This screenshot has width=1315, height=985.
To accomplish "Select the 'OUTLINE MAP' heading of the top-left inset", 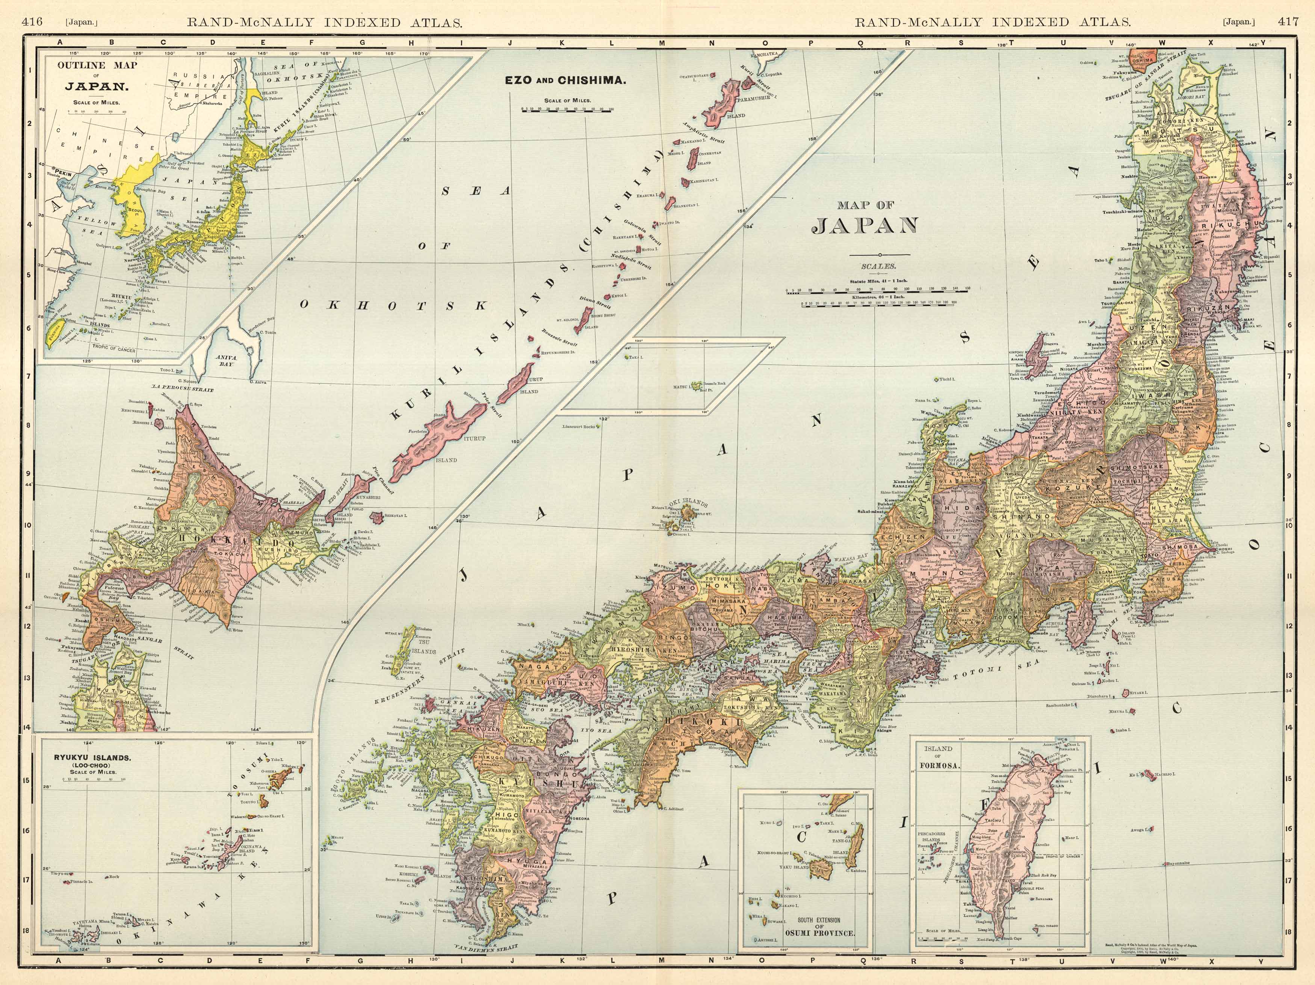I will point(97,65).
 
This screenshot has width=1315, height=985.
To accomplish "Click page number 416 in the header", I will point(32,22).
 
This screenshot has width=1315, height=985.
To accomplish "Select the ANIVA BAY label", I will point(226,361).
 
